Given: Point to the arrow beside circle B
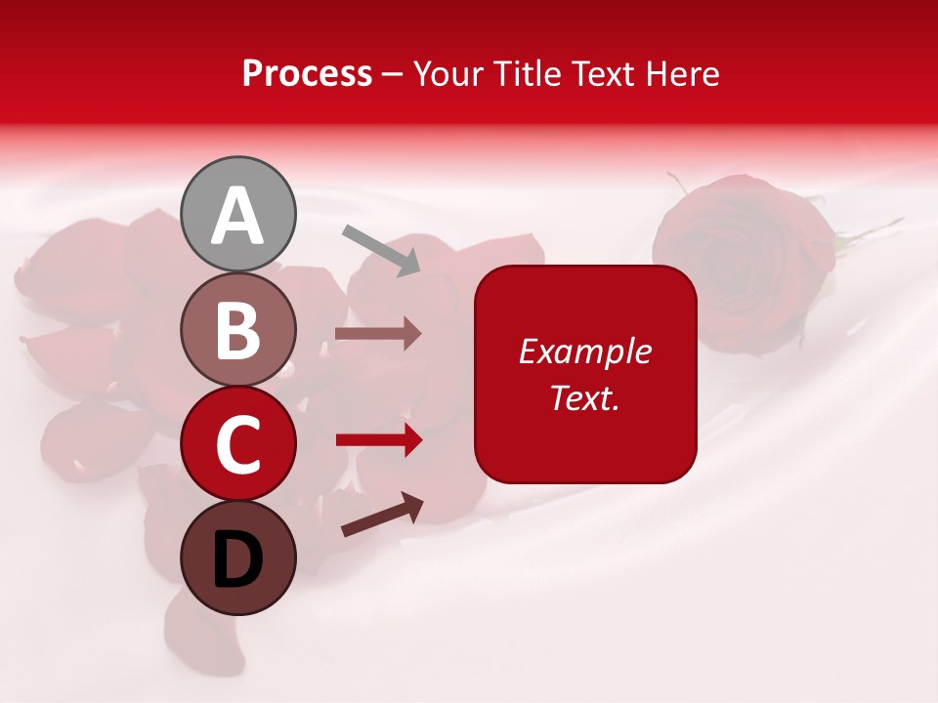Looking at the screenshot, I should [x=378, y=334].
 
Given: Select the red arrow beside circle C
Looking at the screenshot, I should [x=379, y=440].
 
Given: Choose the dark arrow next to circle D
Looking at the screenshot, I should [x=382, y=515].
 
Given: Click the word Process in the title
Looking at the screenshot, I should [x=307, y=74].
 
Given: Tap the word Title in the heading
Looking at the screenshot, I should [x=529, y=74].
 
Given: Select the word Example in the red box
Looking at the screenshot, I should [x=584, y=351].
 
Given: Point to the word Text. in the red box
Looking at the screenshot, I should [x=584, y=398].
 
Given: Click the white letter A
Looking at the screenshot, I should [x=238, y=217].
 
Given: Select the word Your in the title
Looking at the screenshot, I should [x=450, y=74].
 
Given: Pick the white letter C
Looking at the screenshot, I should [x=238, y=445].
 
